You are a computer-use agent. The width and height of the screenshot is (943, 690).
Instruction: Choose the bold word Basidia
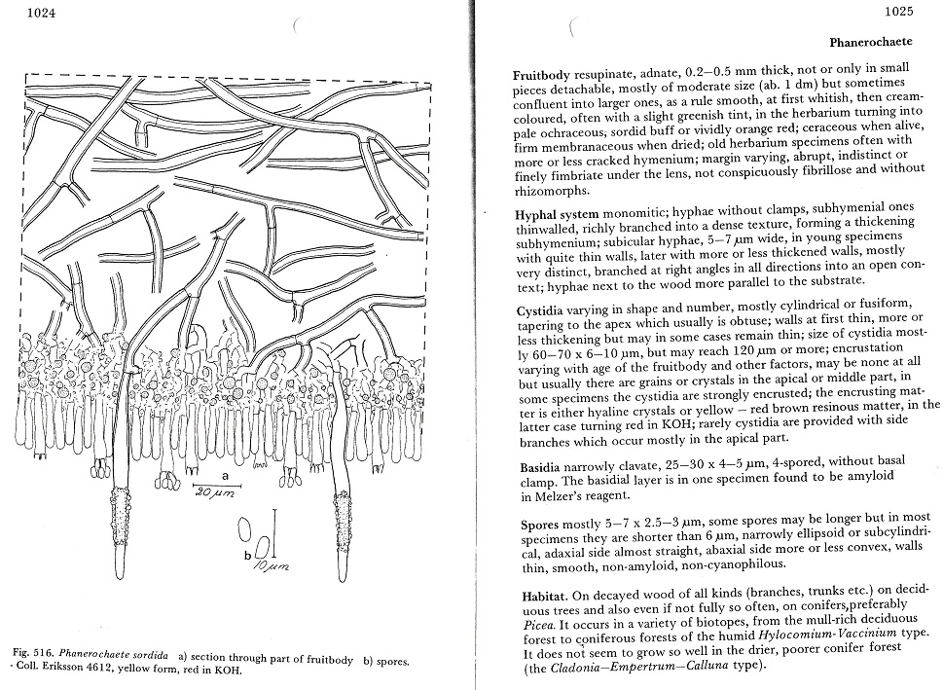click(x=537, y=466)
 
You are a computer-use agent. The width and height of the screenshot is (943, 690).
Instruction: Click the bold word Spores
click(x=534, y=525)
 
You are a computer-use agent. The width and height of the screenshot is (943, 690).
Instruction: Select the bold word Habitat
click(x=538, y=592)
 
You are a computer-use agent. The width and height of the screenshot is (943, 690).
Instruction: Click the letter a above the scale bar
click(x=224, y=476)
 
